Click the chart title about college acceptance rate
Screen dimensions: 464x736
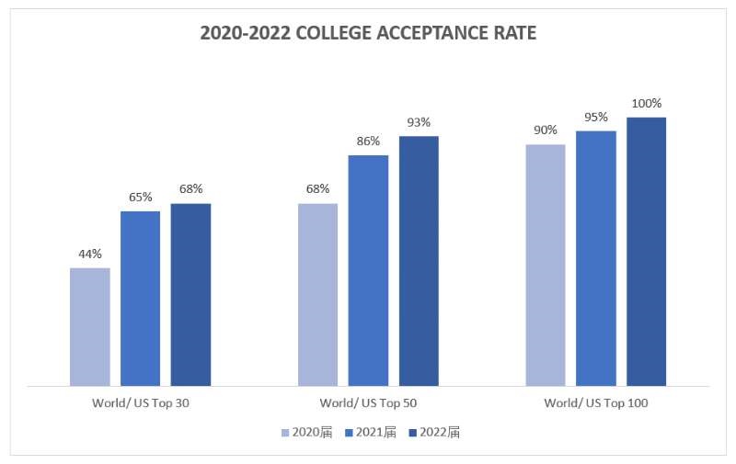pos(368,34)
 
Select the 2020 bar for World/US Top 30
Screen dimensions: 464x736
pos(90,326)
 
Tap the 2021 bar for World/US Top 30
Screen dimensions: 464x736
pos(140,299)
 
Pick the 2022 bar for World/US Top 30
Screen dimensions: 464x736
pos(190,294)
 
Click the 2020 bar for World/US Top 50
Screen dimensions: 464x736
pos(318,294)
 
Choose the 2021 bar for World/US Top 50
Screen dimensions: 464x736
pos(368,270)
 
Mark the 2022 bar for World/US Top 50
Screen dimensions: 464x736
pos(419,261)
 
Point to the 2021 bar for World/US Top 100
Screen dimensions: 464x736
pos(596,258)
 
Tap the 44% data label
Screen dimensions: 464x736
pos(90,254)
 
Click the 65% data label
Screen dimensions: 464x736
pos(140,197)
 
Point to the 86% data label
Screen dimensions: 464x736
pos(368,141)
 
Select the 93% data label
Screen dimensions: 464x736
pos(419,122)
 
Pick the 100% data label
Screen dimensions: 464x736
pos(647,103)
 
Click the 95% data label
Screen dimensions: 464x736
pos(596,117)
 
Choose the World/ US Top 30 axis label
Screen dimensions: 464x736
pos(141,403)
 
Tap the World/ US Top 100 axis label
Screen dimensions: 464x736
pos(596,403)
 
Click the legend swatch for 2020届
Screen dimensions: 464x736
pos(286,432)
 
